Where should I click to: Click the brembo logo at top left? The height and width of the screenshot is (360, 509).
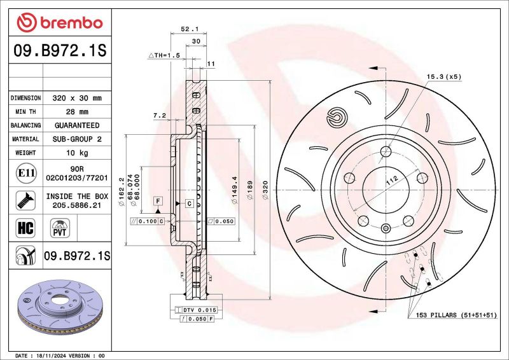[x=59, y=23]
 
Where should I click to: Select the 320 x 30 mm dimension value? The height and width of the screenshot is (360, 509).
[x=76, y=98]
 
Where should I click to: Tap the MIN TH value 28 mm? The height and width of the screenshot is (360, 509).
[x=76, y=112]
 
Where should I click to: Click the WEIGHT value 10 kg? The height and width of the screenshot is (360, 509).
[x=76, y=153]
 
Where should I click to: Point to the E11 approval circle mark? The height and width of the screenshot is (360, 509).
[x=25, y=172]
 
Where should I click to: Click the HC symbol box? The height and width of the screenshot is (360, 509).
[x=25, y=227]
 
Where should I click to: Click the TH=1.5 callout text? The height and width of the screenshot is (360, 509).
[x=165, y=55]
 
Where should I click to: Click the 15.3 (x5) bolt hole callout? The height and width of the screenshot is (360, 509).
[x=443, y=76]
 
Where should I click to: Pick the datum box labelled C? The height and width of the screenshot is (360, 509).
[x=190, y=204]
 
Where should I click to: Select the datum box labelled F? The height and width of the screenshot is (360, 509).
[x=157, y=200]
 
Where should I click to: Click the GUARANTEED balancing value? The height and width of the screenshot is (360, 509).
[x=76, y=125]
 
